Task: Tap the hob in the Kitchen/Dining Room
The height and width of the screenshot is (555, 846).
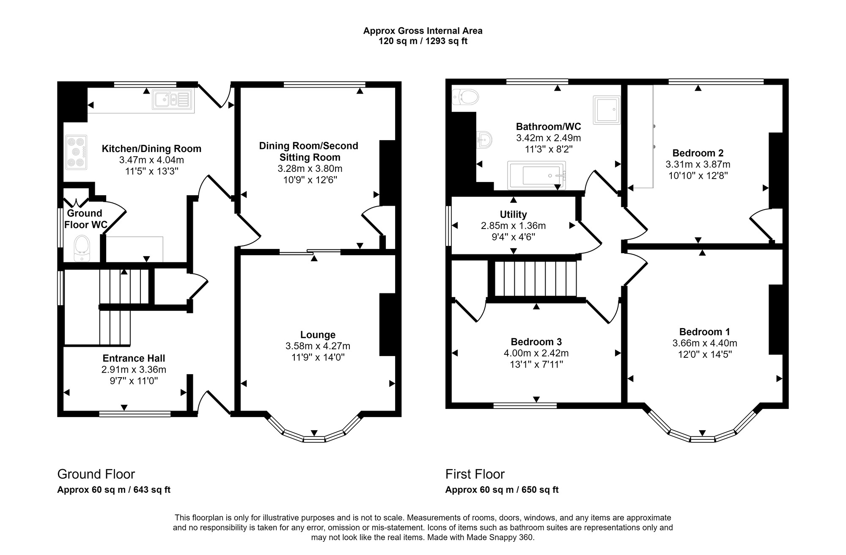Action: [x=76, y=152]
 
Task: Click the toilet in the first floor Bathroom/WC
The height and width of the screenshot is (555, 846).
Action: [x=465, y=97]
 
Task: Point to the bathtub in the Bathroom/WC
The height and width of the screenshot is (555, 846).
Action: [x=537, y=175]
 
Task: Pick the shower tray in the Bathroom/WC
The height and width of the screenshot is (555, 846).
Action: [x=607, y=110]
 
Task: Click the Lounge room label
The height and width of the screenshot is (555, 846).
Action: [x=318, y=335]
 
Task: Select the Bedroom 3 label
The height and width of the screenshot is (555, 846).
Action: [x=536, y=342]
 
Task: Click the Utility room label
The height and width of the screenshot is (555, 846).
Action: [x=514, y=214]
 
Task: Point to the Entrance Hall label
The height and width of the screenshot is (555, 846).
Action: [x=134, y=358]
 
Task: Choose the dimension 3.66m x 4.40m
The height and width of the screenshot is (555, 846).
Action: [x=705, y=343]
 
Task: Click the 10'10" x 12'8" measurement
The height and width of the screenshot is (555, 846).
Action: [x=698, y=175]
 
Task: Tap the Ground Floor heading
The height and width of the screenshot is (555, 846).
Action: [x=96, y=474]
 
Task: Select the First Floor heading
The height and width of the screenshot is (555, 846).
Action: [x=475, y=474]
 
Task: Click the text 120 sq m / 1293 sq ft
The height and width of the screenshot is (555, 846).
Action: [x=423, y=41]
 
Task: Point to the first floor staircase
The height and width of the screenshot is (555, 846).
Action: [x=536, y=279]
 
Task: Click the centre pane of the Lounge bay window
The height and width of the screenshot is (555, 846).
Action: [x=314, y=439]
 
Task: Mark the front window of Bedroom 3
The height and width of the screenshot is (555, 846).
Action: [x=525, y=406]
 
